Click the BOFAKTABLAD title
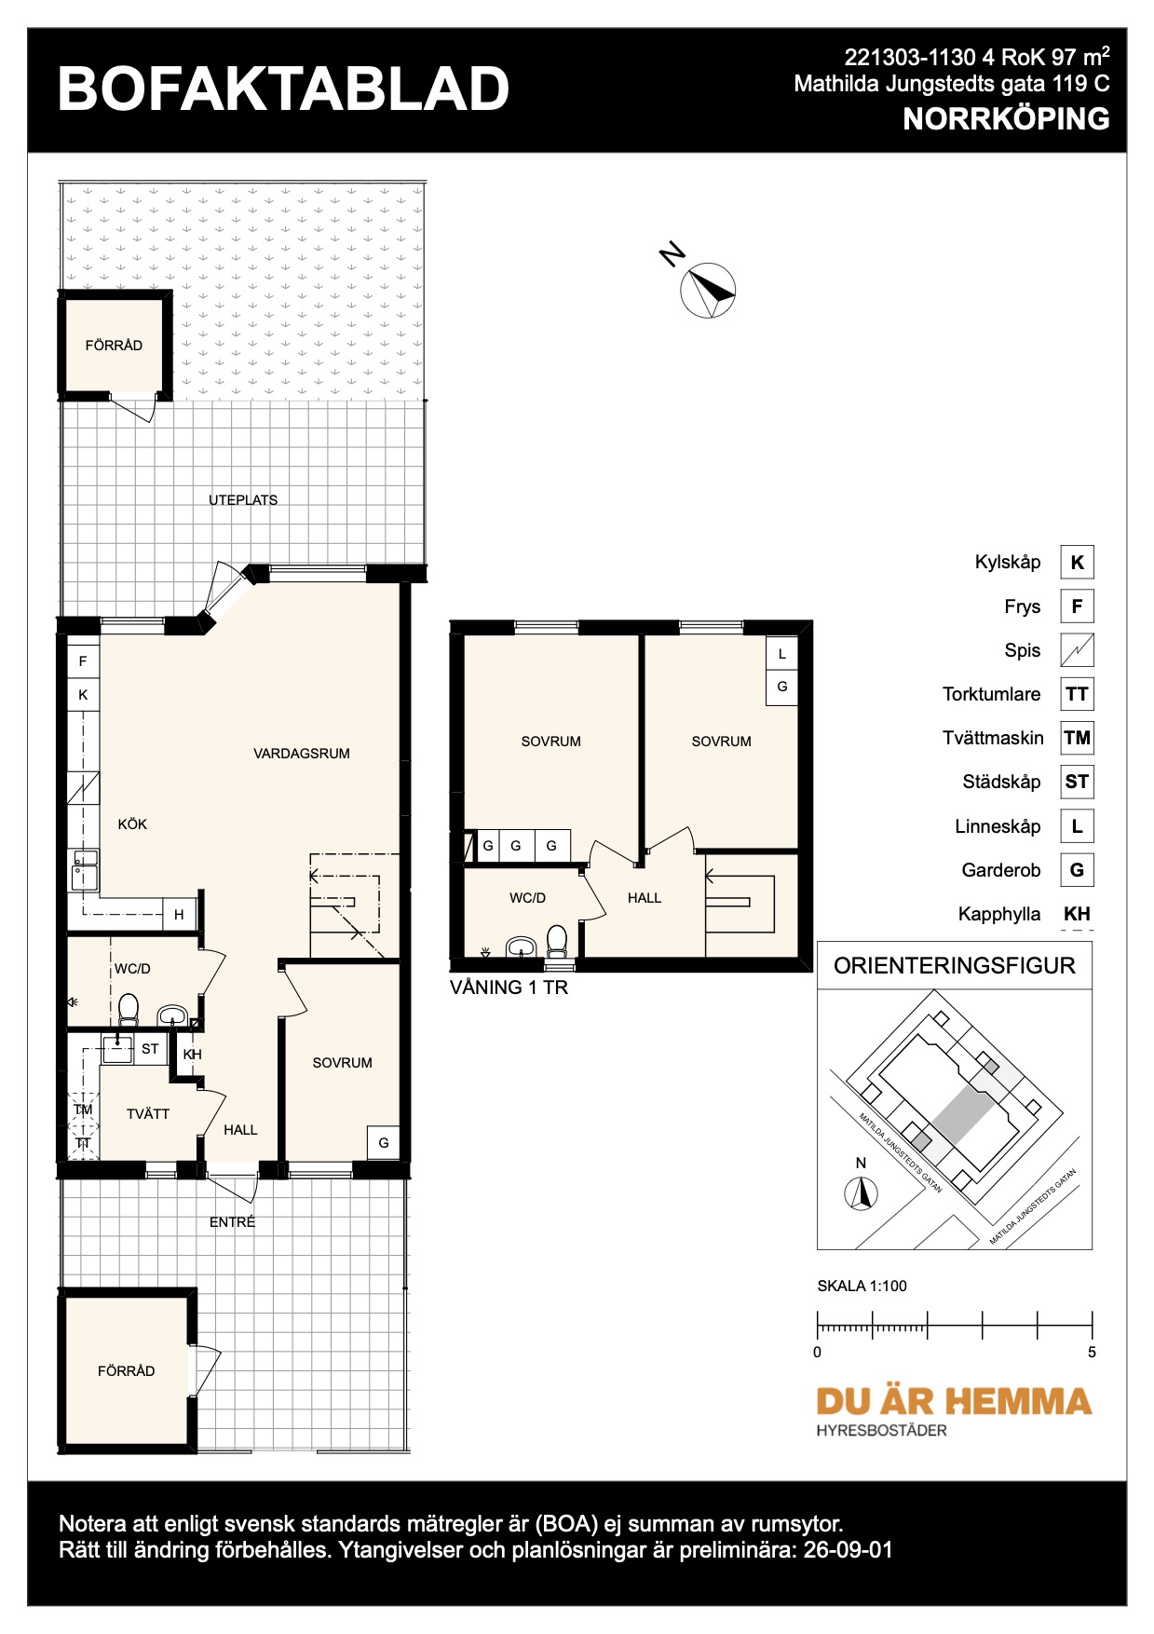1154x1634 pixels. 283,89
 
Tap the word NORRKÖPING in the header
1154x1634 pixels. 1006,119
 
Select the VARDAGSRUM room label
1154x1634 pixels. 302,754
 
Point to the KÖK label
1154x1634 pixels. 132,824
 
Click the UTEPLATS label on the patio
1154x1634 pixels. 243,500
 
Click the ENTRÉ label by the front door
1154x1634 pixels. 232,1222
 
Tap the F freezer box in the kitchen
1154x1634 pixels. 83,661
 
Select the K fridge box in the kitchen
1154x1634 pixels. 83,695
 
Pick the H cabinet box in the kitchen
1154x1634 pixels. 180,915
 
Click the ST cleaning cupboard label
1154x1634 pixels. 150,1049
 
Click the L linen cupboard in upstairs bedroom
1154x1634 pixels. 782,654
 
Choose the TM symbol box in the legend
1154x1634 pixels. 1077,738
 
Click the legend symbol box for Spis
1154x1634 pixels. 1077,650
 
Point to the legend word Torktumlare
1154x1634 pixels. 991,694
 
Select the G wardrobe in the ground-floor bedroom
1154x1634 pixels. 384,1143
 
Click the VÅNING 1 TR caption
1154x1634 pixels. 509,987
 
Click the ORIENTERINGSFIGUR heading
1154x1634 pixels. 955,966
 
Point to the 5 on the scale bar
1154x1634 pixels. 1092,1353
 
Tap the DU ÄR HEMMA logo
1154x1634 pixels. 954,1401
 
